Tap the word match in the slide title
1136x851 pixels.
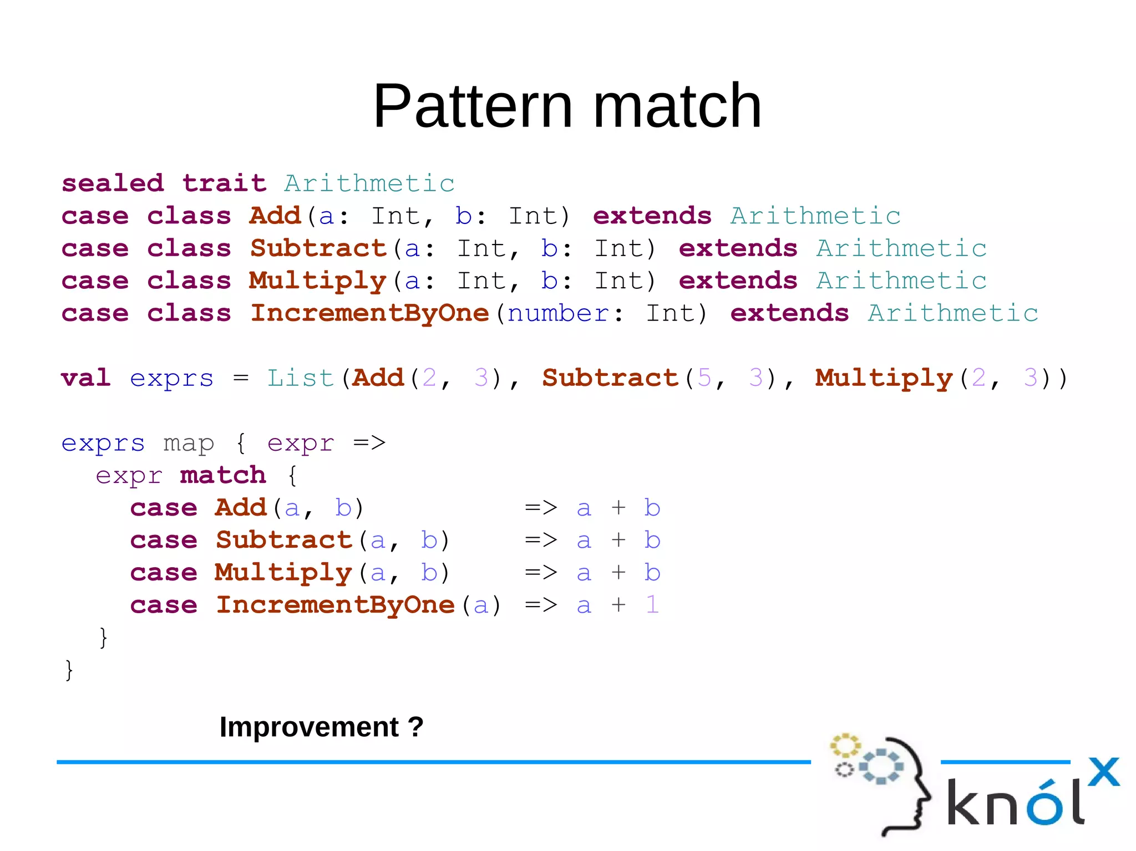[677, 106]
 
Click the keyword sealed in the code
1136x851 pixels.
[113, 184]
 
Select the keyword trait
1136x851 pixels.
[224, 184]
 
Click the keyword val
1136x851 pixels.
[85, 378]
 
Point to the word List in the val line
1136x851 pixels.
[300, 378]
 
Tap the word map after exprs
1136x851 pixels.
[189, 443]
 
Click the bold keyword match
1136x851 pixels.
[223, 475]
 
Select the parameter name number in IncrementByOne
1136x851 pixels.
[558, 314]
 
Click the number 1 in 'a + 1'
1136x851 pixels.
[652, 605]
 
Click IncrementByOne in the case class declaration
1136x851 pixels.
[369, 313]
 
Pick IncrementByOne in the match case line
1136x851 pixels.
[335, 605]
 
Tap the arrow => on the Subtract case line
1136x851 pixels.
[540, 540]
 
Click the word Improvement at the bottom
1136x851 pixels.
[309, 727]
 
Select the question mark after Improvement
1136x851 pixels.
[415, 727]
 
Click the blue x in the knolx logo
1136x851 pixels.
[1103, 772]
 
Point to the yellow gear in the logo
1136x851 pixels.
[844, 745]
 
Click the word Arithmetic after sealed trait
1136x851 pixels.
[369, 184]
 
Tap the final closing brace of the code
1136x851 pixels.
[69, 670]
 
